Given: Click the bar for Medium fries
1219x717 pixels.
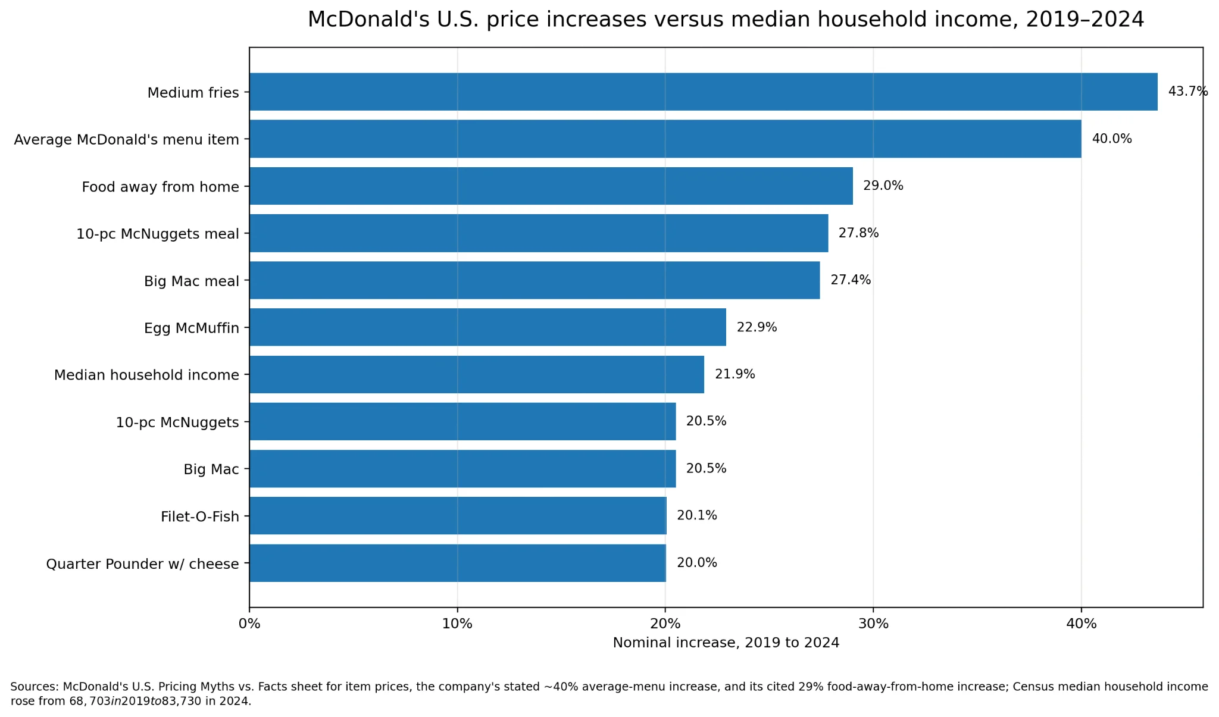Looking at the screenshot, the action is pyautogui.click(x=704, y=92).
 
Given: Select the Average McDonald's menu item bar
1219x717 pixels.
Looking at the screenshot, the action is pyautogui.click(x=665, y=139).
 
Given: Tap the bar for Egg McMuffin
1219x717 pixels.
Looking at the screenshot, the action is pyautogui.click(x=488, y=327).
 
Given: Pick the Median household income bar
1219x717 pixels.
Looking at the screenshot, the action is pyautogui.click(x=477, y=374).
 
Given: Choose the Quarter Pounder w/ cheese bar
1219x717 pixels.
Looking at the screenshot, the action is pyautogui.click(x=458, y=563).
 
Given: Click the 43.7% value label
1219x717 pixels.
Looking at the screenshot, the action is pyautogui.click(x=1188, y=92).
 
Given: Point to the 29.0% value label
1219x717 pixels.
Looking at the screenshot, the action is pyautogui.click(x=883, y=186).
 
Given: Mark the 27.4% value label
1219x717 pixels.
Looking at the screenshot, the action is pyautogui.click(x=851, y=280).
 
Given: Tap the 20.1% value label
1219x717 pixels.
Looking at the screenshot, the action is pyautogui.click(x=697, y=515).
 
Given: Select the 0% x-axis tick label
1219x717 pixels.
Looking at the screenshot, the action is pyautogui.click(x=249, y=624).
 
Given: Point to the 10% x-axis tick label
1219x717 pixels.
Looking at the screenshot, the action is pyautogui.click(x=457, y=624).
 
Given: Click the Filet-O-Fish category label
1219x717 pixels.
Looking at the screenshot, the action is pyautogui.click(x=200, y=516).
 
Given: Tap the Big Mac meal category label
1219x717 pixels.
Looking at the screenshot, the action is pyautogui.click(x=192, y=281).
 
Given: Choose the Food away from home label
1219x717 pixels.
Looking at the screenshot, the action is pyautogui.click(x=161, y=187).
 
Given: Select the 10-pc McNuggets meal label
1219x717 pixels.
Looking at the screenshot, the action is pyautogui.click(x=158, y=234).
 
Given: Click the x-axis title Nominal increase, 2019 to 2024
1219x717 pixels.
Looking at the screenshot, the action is pyautogui.click(x=726, y=643).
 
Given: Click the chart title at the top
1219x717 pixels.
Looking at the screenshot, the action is pyautogui.click(x=726, y=20).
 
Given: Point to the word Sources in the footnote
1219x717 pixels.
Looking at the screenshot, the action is pyautogui.click(x=35, y=687).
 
